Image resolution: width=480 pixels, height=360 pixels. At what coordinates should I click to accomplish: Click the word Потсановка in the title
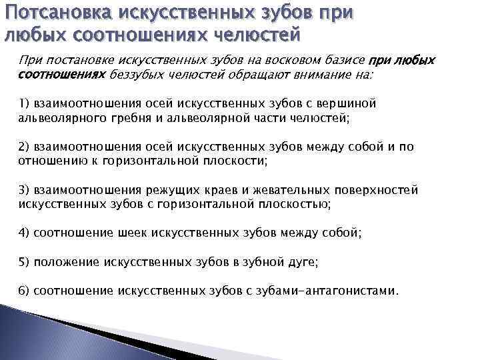pyautogui.click(x=59, y=12)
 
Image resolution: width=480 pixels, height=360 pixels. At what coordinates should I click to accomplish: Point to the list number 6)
pyautogui.click(x=24, y=291)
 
